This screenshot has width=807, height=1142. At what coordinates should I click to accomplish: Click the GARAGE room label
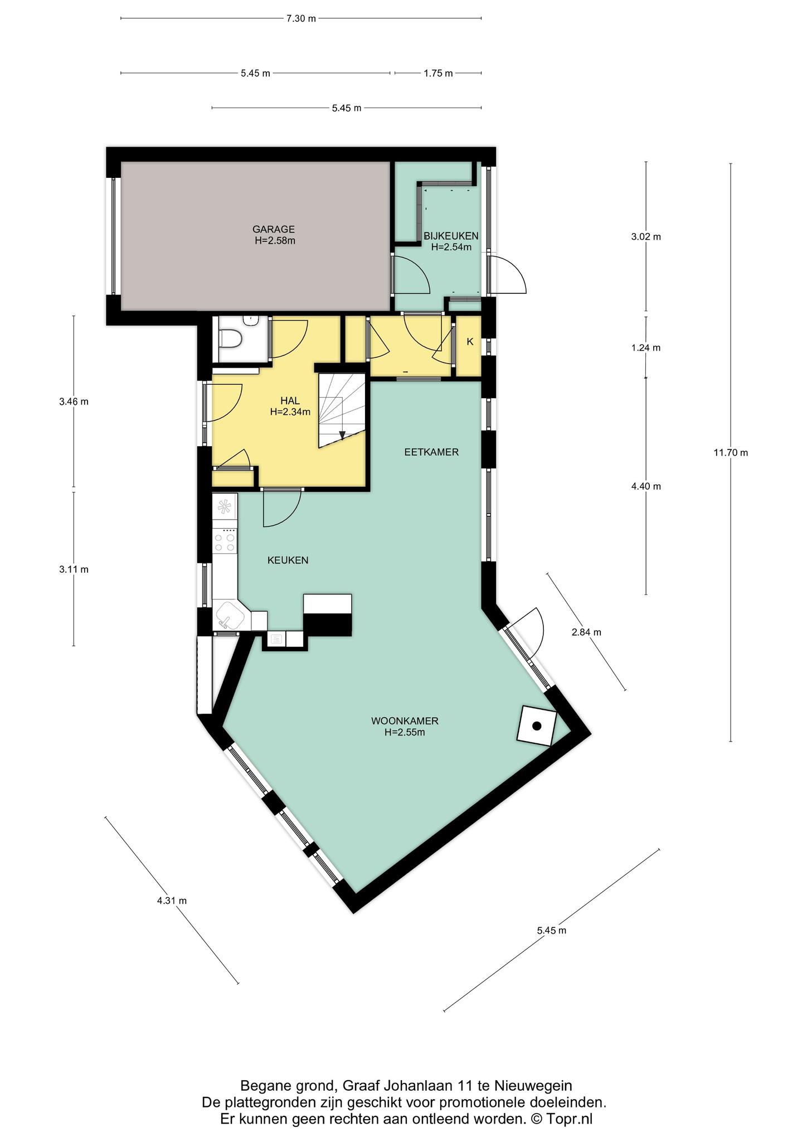tap(273, 229)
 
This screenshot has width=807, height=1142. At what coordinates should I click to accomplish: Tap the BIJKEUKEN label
tap(451, 236)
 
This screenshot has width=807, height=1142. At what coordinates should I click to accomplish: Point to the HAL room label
tap(290, 401)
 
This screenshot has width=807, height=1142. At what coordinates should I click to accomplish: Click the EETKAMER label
tap(431, 452)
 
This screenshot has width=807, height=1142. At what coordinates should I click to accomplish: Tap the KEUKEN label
tap(288, 560)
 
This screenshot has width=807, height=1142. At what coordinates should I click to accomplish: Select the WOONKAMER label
tap(405, 721)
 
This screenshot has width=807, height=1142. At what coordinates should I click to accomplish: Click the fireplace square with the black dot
tap(537, 725)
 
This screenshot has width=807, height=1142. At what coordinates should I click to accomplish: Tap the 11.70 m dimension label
tap(731, 453)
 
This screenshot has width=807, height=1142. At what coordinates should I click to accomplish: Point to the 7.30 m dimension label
tap(301, 18)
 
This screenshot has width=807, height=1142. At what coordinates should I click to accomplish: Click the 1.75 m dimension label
tap(438, 73)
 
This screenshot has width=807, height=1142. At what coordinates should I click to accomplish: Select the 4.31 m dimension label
tap(172, 901)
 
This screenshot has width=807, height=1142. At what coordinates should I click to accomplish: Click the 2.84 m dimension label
tap(586, 632)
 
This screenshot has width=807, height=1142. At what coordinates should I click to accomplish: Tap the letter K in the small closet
tap(470, 342)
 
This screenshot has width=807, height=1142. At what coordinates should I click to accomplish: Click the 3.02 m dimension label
tap(646, 236)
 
